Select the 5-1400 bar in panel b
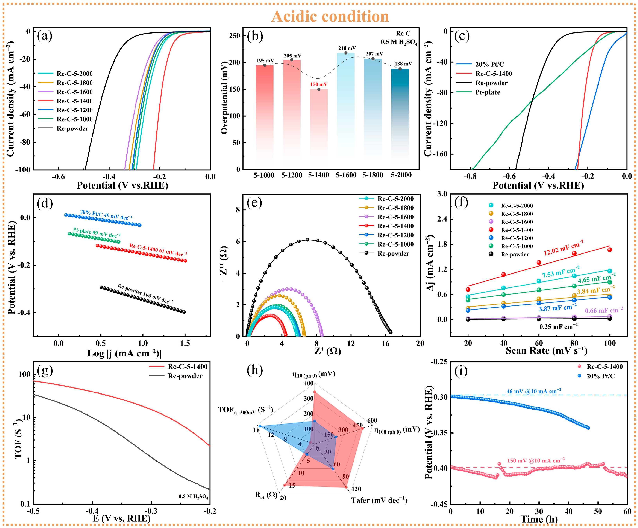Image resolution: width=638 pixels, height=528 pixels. tap(319, 129)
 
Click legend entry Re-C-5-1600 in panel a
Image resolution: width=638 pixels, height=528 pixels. tap(65, 92)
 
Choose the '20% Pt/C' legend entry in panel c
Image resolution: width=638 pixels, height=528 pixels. tap(480, 64)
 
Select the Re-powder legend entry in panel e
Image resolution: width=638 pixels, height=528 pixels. tap(384, 253)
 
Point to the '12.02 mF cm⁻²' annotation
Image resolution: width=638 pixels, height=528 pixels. tap(564, 248)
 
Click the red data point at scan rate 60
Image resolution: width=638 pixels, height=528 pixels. tap(539, 262)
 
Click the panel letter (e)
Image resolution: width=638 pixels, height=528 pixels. tap(254, 203)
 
